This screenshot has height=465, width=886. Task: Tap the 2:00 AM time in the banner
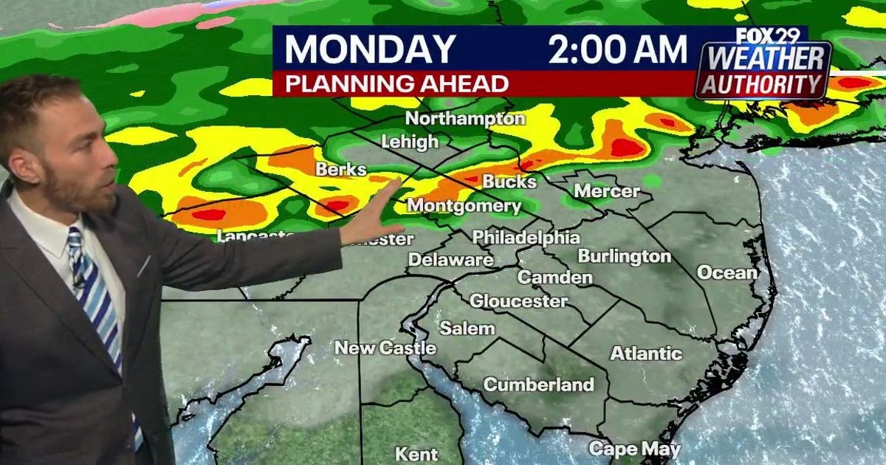pyautogui.click(x=617, y=50)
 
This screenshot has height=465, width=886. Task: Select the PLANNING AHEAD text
pyautogui.click(x=396, y=83)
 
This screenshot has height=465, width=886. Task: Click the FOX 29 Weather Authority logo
pyautogui.click(x=763, y=66)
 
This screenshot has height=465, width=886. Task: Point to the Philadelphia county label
pyautogui.click(x=526, y=238)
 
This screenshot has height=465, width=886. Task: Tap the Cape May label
pyautogui.click(x=624, y=449)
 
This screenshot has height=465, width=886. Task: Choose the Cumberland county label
pyautogui.click(x=538, y=385)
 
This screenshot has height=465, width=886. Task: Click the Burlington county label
pyautogui.click(x=624, y=256)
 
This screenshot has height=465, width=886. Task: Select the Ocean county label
pyautogui.click(x=727, y=272)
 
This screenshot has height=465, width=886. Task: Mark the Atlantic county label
pyautogui.click(x=646, y=354)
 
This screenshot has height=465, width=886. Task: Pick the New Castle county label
pyautogui.click(x=385, y=348)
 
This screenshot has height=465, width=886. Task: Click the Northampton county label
pyautogui.click(x=465, y=118)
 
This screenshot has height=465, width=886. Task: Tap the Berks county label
pyautogui.click(x=341, y=170)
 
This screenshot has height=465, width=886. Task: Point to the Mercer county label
pyautogui.click(x=607, y=191)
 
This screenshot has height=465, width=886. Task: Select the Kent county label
pyautogui.click(x=416, y=454)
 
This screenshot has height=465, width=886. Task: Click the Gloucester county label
pyautogui.click(x=518, y=301)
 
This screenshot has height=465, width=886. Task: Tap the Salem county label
pyautogui.click(x=467, y=328)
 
